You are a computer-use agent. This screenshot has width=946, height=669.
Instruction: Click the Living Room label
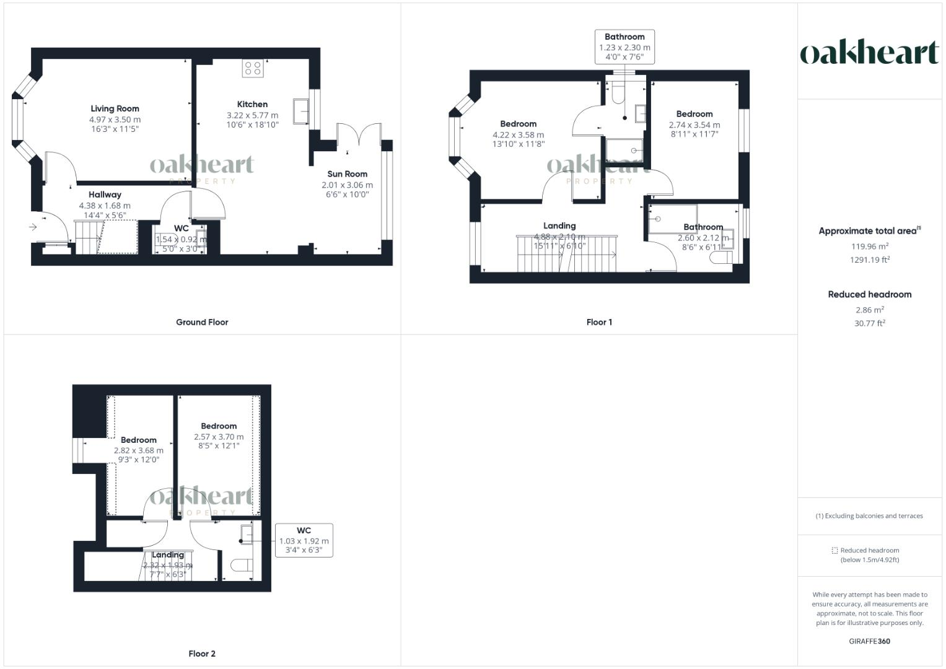coord(115,108)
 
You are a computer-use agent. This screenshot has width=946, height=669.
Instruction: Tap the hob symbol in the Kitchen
coord(253,68)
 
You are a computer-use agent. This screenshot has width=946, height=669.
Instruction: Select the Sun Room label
coord(347,174)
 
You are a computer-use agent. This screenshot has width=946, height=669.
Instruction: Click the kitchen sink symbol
coord(302,111)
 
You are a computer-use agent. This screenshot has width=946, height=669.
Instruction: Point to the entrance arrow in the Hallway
coord(33,227)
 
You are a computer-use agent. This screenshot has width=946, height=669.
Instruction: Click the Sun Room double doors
coord(359,136)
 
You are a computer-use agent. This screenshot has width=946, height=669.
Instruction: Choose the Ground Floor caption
coord(202,322)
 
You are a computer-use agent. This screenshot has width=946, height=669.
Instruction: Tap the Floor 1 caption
coord(599,322)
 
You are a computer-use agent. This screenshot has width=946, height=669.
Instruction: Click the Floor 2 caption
coord(202,654)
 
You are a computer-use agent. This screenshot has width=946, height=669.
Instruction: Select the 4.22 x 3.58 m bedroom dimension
coord(518,134)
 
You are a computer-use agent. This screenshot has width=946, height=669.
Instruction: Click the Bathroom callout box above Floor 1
coord(624,47)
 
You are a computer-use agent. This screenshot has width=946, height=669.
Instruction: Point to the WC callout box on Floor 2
coord(304,540)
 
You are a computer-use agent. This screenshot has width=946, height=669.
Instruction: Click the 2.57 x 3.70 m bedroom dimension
coord(219,437)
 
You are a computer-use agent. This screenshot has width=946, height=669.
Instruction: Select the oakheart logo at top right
coord(869,53)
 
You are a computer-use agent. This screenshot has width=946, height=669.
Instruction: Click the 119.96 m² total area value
coord(869,247)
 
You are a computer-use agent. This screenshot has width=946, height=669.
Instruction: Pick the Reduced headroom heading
coord(869,294)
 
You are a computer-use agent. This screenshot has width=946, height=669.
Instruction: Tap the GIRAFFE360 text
coord(869,641)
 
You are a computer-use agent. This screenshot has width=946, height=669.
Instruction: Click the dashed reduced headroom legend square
coord(834,550)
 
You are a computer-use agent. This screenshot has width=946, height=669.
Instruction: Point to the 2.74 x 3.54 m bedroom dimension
coord(694,125)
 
